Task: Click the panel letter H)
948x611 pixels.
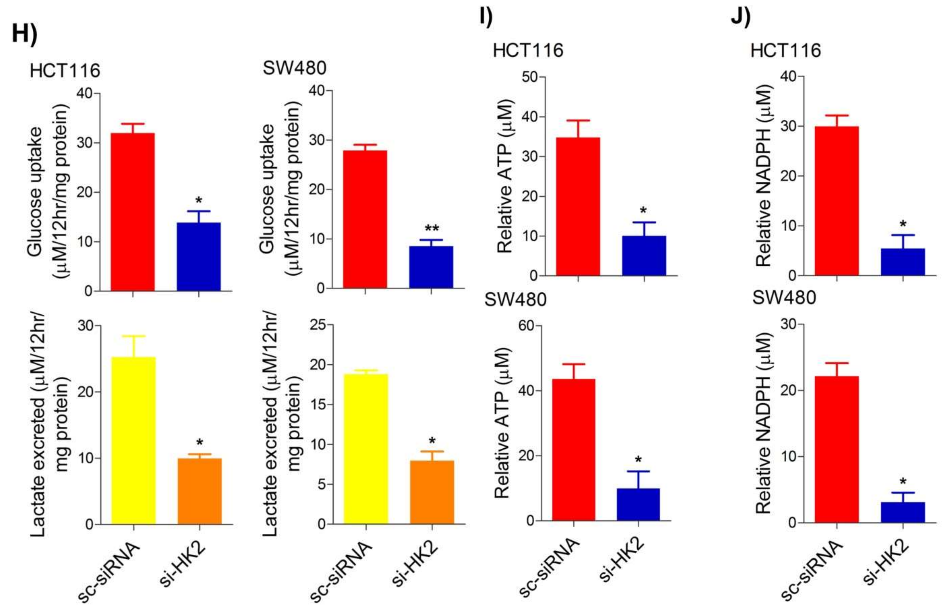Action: pyautogui.click(x=25, y=34)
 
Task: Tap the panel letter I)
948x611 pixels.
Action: pyautogui.click(x=486, y=17)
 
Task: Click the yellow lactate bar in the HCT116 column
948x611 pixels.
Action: pyautogui.click(x=134, y=440)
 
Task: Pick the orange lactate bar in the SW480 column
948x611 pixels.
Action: pyautogui.click(x=432, y=492)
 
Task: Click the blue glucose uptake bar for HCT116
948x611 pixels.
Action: pyautogui.click(x=199, y=257)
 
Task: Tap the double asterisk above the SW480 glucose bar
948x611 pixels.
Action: pyautogui.click(x=431, y=229)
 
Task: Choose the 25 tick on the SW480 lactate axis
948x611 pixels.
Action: pyautogui.click(x=318, y=325)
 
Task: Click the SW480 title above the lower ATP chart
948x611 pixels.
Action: pyautogui.click(x=515, y=300)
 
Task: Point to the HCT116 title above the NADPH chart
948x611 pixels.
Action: pyautogui.click(x=785, y=51)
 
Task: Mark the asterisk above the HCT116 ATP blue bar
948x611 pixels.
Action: pyautogui.click(x=643, y=211)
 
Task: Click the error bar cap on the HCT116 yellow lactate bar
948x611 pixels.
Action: pyautogui.click(x=134, y=336)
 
